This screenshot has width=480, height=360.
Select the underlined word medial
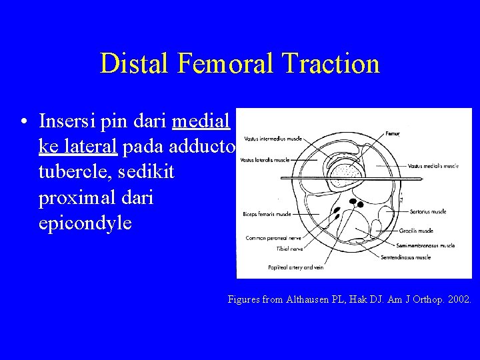[201, 122]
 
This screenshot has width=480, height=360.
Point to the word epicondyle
[85, 223]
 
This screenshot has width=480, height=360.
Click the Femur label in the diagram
[394, 134]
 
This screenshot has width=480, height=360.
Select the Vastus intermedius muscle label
[273, 139]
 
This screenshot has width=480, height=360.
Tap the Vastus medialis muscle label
[433, 165]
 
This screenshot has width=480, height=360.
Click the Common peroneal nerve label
[273, 237]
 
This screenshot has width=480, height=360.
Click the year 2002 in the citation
[459, 299]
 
